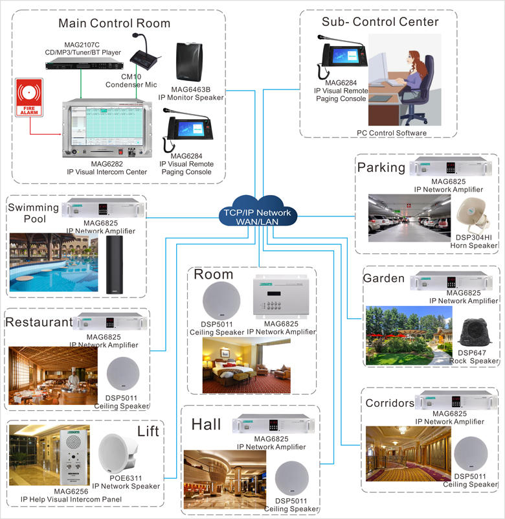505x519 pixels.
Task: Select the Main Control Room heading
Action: [115, 24]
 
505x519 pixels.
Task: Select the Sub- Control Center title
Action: [381, 21]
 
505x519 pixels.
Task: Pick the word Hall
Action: [206, 424]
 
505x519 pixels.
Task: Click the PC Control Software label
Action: [391, 133]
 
